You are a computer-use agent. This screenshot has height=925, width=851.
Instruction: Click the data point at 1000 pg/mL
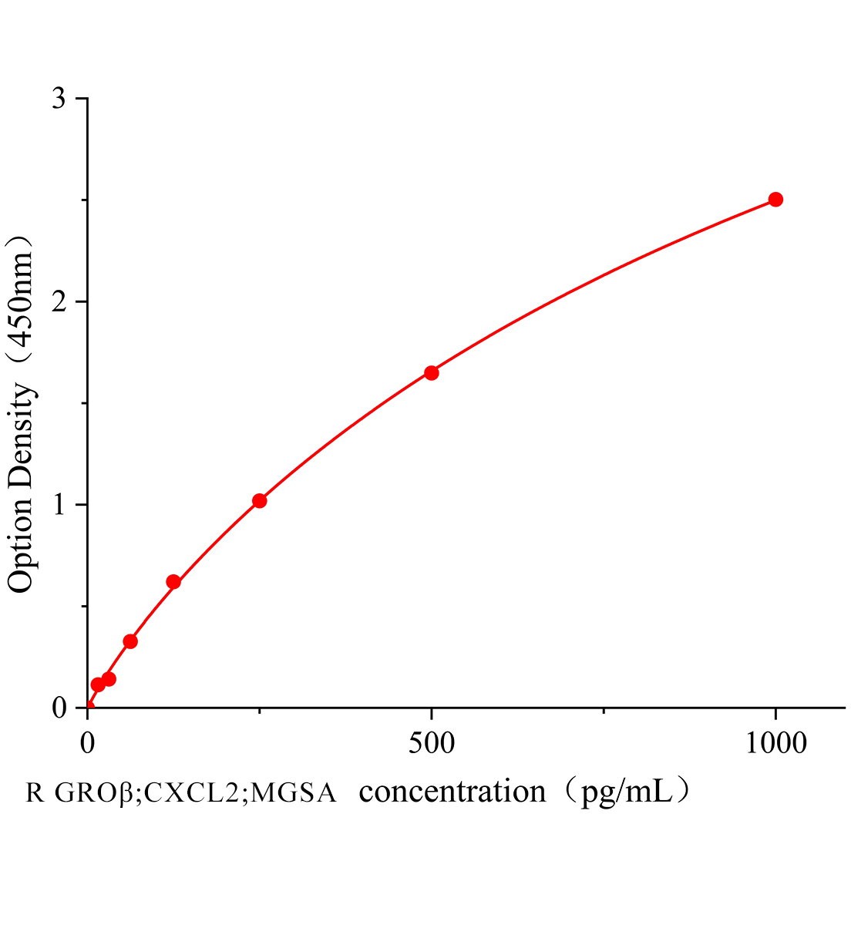coord(775,200)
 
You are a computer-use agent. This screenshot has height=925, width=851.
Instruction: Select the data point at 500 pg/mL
coord(432,373)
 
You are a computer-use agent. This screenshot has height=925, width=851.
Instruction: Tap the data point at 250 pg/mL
coord(260,501)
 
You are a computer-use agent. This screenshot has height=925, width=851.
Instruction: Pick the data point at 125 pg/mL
coord(173,582)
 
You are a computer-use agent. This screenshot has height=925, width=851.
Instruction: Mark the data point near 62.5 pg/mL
coord(130,641)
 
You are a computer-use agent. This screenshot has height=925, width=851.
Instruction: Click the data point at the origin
coord(88,707)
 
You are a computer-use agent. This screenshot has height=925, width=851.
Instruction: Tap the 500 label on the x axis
coord(432,743)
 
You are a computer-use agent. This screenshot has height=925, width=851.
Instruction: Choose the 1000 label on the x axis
coord(775,743)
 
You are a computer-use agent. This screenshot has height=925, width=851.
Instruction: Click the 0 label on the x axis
coord(88,743)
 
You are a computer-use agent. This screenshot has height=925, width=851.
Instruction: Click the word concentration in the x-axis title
coord(452,792)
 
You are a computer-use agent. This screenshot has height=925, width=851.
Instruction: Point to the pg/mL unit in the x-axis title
coord(626,792)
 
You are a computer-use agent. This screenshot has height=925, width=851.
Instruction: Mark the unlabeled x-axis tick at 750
coord(604,711)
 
